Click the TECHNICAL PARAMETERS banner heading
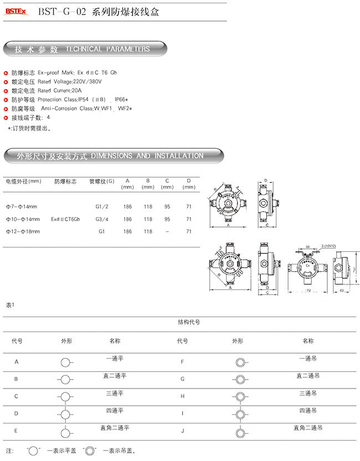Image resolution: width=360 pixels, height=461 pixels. [x=107, y=49]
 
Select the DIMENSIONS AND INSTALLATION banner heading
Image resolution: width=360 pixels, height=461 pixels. [x=146, y=156]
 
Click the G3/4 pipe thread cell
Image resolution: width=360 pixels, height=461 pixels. [x=101, y=219]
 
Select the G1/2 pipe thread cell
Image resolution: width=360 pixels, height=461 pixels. [x=101, y=207]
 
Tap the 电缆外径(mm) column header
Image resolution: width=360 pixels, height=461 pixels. [x=23, y=181]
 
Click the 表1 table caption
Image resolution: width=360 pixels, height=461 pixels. [x=10, y=305]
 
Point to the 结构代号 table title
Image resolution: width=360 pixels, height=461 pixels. [x=188, y=322]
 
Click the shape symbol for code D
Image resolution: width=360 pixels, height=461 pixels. [x=66, y=413]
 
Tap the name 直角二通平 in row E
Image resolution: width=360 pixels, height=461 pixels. [x=115, y=428]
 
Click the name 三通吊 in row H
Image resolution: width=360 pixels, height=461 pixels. [x=307, y=393]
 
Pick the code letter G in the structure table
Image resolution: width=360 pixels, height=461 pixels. [x=182, y=379]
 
